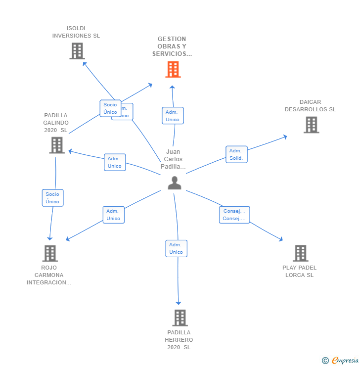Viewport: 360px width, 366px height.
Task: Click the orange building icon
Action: tap(173, 69)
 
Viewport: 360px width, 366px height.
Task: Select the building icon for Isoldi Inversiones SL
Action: tap(77, 51)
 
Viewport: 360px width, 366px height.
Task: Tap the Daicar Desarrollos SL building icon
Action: tap(311, 125)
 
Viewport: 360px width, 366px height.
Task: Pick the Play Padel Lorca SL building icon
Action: tap(300, 253)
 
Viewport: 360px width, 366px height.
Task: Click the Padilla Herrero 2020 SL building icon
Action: tap(180, 318)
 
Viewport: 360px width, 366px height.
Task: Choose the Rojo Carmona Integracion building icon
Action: tap(49, 253)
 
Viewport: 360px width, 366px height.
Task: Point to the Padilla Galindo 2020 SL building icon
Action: tap(57, 145)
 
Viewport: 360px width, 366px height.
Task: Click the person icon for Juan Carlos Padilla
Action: tap(174, 183)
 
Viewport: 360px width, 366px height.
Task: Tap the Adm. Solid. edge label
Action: tap(236, 154)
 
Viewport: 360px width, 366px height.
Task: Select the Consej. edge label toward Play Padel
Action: tap(234, 215)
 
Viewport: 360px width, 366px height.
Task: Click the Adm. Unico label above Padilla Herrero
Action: tap(176, 248)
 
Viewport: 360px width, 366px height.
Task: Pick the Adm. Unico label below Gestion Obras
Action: tap(173, 116)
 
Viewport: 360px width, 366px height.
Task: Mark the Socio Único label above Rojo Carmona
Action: tap(52, 198)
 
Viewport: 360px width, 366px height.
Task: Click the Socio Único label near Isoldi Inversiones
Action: tap(110, 108)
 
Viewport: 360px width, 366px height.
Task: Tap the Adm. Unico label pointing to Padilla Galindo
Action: tap(115, 162)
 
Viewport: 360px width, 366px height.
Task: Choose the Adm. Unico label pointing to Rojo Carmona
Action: tap(113, 215)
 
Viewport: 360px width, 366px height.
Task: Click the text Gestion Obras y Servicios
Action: tap(172, 46)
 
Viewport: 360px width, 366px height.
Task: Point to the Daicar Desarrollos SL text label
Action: tap(310, 106)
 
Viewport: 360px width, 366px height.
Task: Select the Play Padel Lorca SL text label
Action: tap(300, 272)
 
